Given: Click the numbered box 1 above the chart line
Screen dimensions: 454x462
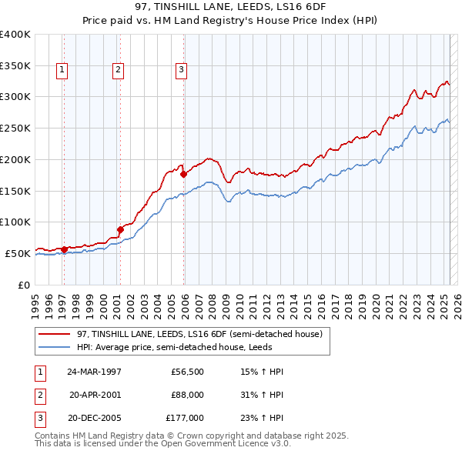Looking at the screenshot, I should point(62,70).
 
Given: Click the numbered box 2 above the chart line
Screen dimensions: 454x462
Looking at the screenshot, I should point(118,70).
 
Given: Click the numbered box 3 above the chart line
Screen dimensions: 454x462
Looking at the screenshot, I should point(182,70).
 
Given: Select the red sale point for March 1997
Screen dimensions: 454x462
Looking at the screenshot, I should point(65,249).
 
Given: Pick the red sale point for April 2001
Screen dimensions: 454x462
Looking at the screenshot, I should point(121,229).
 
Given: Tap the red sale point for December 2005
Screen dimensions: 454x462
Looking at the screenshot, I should point(184,174).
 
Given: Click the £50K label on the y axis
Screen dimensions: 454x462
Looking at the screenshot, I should point(18,253).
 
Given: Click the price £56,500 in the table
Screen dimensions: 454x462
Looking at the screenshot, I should point(187,372).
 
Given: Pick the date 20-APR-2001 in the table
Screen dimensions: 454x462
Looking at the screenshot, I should point(95,395).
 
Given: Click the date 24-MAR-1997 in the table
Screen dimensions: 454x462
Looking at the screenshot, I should point(95,372).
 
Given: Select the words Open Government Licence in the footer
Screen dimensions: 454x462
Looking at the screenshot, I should point(213,444).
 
